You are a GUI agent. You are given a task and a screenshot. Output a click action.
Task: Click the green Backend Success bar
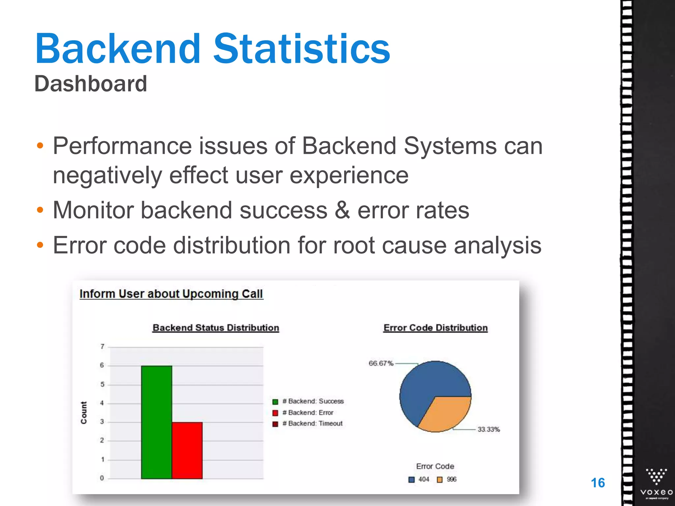point(156,422)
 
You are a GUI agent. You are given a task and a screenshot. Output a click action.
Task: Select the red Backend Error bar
point(187,450)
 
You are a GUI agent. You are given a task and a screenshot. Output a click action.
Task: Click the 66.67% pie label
point(381,363)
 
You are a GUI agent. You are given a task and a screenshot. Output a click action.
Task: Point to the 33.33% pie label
point(488,429)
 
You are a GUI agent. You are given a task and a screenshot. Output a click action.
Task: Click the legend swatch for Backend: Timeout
point(275,424)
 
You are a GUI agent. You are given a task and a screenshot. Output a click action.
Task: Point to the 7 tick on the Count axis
point(102,347)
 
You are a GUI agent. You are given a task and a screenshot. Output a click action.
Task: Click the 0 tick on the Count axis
point(102,478)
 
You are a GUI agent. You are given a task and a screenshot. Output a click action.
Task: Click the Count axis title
point(84,412)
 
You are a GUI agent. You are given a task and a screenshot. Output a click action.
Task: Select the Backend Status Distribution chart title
point(216,328)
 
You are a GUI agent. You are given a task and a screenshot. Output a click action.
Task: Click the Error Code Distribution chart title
point(435,328)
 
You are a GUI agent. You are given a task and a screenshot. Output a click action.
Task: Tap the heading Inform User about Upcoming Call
point(171,294)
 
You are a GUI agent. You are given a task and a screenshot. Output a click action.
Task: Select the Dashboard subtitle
point(91,84)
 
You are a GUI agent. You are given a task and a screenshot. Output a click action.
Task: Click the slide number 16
point(598,483)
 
